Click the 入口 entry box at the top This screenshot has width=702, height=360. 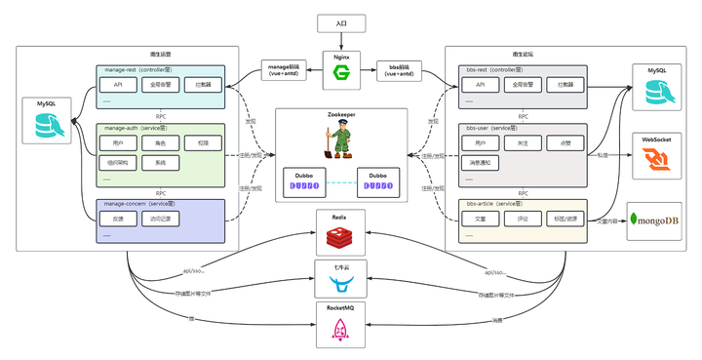tap(340, 22)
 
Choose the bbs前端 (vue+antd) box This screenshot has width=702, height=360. tap(398, 70)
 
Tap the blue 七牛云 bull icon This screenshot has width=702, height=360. tap(341, 285)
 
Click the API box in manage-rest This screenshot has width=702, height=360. tap(117, 86)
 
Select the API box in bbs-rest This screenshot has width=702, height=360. tap(480, 86)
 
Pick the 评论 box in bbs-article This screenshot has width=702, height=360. tap(522, 219)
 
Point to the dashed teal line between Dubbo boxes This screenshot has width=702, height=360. tap(337, 182)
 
